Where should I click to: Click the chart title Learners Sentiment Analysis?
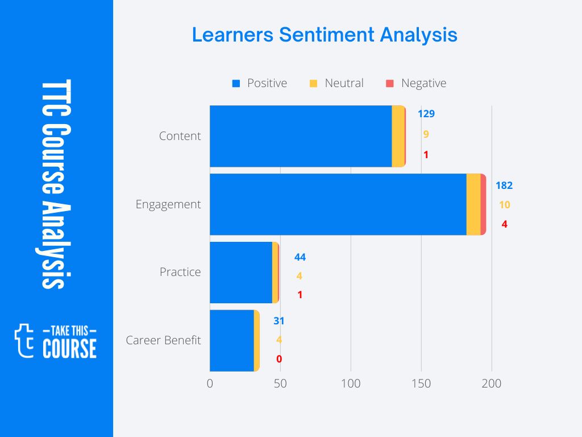pyautogui.click(x=325, y=35)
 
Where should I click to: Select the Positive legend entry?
pyautogui.click(x=260, y=83)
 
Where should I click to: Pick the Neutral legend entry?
pyautogui.click(x=336, y=83)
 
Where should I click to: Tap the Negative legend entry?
pyautogui.click(x=416, y=83)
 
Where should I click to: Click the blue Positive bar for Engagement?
pyautogui.click(x=338, y=204)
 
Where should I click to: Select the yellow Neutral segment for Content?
pyautogui.click(x=398, y=136)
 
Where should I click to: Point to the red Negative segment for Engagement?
pyautogui.click(x=483, y=204)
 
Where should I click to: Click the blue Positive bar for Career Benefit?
pyautogui.click(x=231, y=340)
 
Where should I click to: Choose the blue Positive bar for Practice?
pyautogui.click(x=240, y=272)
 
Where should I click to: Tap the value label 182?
pyautogui.click(x=504, y=185)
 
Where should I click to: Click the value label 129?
pyautogui.click(x=426, y=114)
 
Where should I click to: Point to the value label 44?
pyautogui.click(x=300, y=257)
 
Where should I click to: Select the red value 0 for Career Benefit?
pyautogui.click(x=279, y=359)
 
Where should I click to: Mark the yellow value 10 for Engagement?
pyautogui.click(x=504, y=205)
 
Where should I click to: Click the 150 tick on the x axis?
pyautogui.click(x=421, y=384)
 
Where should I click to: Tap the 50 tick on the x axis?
pyautogui.click(x=280, y=384)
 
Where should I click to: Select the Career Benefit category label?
pyautogui.click(x=163, y=340)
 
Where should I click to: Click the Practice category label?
pyautogui.click(x=180, y=272)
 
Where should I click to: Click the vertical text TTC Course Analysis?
pyautogui.click(x=56, y=184)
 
